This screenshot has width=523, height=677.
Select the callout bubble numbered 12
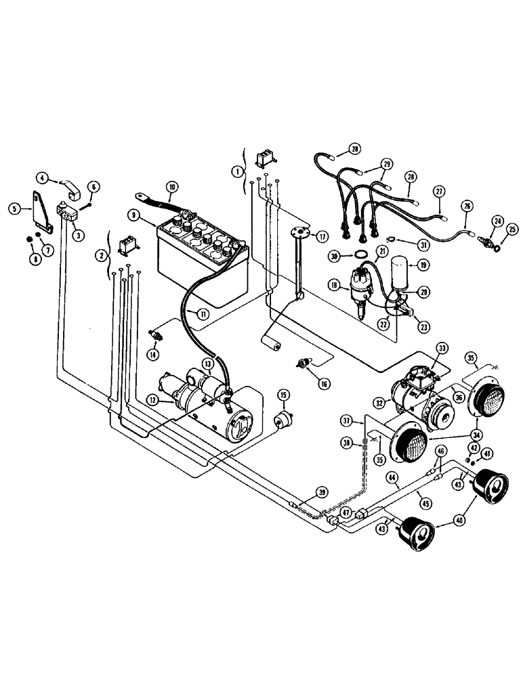[x=152, y=400]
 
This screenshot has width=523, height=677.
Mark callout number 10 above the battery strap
[x=172, y=186]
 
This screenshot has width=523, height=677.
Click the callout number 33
[x=442, y=348]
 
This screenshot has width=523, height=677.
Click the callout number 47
[x=345, y=512]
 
